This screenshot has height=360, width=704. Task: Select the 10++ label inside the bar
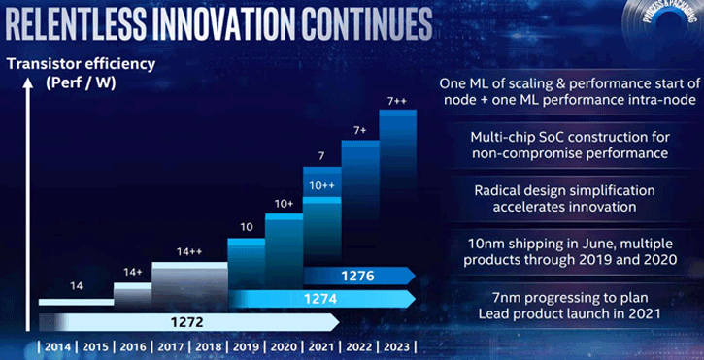(x=321, y=184)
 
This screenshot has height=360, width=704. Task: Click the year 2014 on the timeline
(x=57, y=346)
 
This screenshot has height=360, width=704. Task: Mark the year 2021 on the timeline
(x=322, y=346)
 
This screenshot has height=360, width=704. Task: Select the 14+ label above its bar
(x=131, y=273)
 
